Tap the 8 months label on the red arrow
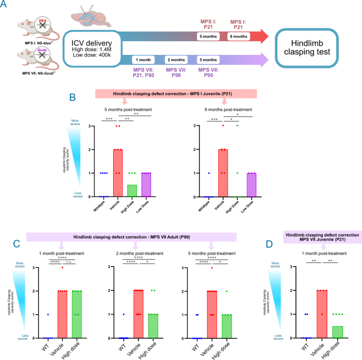[237, 37]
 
